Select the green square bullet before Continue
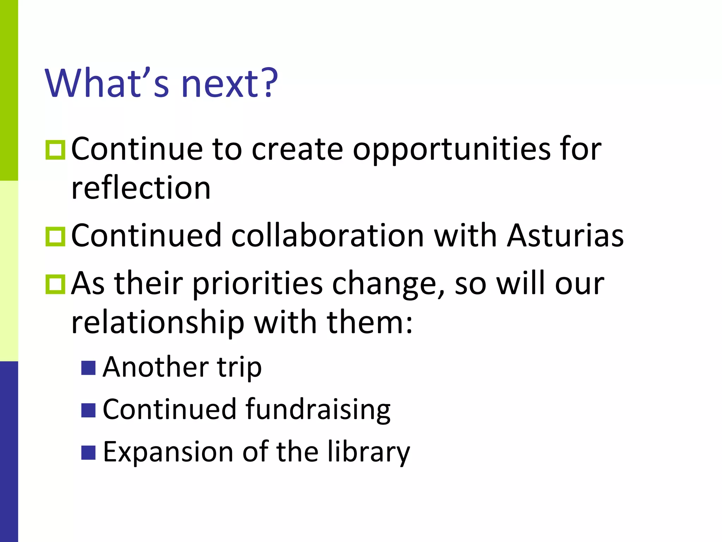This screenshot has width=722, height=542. (55, 150)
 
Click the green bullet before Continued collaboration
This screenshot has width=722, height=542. (55, 236)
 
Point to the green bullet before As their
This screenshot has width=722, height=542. (55, 284)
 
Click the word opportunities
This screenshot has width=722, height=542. (452, 150)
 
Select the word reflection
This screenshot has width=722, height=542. (141, 188)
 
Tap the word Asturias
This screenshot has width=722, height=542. (565, 235)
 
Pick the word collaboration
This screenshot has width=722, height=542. (328, 235)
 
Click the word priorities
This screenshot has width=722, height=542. (257, 284)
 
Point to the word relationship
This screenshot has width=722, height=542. (158, 323)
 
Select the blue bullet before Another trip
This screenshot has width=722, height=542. (88, 368)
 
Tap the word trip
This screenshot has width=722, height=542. (239, 368)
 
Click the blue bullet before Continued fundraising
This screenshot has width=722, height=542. (88, 410)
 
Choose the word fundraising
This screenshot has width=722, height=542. (318, 410)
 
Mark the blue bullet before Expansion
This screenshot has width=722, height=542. (88, 452)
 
